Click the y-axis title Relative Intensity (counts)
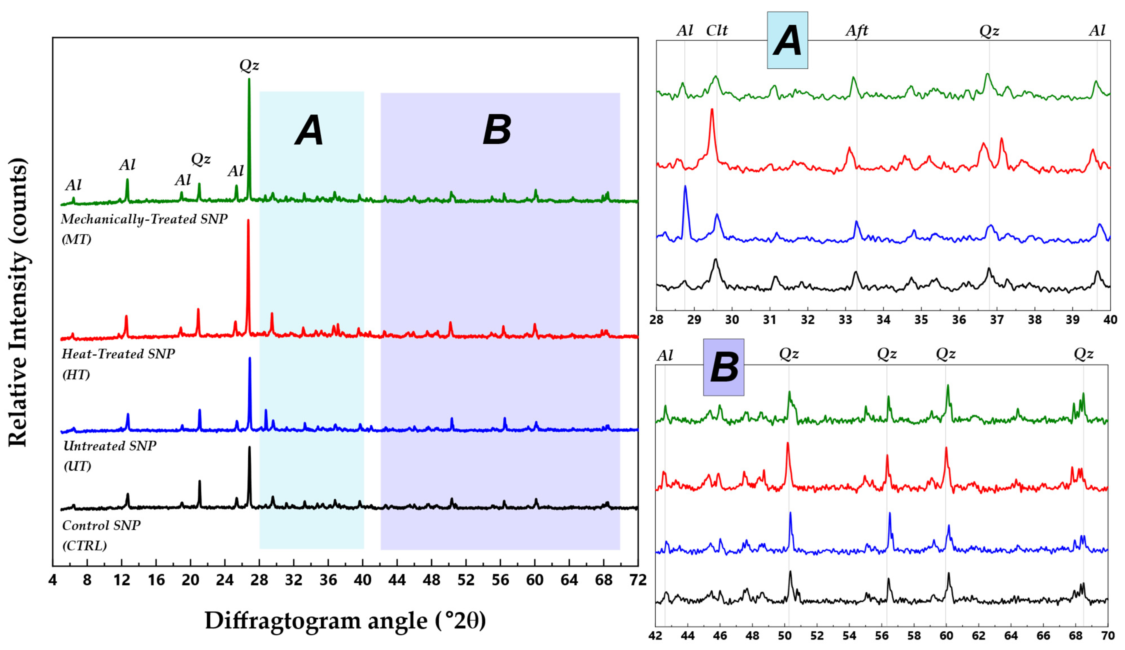[18, 302]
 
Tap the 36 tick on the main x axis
[328, 580]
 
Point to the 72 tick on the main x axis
[638, 580]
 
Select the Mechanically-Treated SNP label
[144, 219]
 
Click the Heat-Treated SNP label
[118, 354]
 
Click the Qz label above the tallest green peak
[249, 65]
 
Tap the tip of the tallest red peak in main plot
[248, 220]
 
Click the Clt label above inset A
[717, 30]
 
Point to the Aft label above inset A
[857, 30]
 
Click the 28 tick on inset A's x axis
[656, 319]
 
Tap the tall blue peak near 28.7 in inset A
[685, 186]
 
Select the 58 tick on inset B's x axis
[914, 635]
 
